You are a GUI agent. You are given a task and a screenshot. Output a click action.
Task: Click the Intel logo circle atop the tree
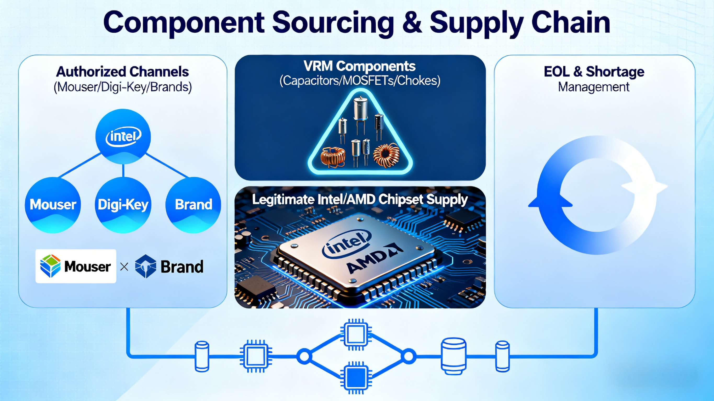(x=123, y=137)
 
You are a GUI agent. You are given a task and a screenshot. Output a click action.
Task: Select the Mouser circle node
(x=53, y=205)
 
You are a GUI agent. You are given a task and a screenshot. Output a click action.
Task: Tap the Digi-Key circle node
(x=123, y=205)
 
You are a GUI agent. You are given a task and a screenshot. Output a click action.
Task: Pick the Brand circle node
(x=193, y=205)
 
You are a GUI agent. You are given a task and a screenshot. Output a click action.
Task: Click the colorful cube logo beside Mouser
(x=50, y=266)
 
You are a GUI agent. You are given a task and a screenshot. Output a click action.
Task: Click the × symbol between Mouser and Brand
(x=124, y=267)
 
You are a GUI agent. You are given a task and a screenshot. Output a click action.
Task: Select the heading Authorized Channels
(x=122, y=72)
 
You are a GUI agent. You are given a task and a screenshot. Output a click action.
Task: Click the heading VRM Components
(x=360, y=66)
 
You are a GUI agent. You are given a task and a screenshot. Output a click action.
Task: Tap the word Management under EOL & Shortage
(x=594, y=87)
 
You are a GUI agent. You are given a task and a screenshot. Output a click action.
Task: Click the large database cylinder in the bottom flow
(x=454, y=356)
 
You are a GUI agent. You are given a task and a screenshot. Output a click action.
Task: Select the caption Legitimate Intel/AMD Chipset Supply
(x=360, y=200)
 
